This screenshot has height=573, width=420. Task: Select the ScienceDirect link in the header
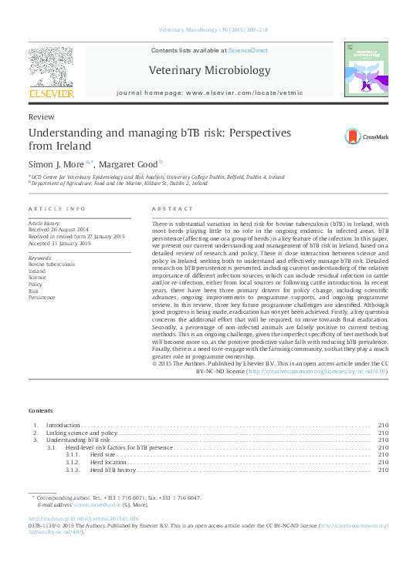pos(248,49)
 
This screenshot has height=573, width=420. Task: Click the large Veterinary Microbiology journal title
pos(209,71)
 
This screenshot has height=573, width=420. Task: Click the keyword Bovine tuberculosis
pos(52,264)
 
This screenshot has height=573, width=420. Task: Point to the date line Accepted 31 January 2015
pos(59,243)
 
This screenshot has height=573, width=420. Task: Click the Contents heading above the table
pos(40,410)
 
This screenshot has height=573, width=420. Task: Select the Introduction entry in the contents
pos(63,426)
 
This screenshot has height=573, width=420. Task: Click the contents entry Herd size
pos(103,455)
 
